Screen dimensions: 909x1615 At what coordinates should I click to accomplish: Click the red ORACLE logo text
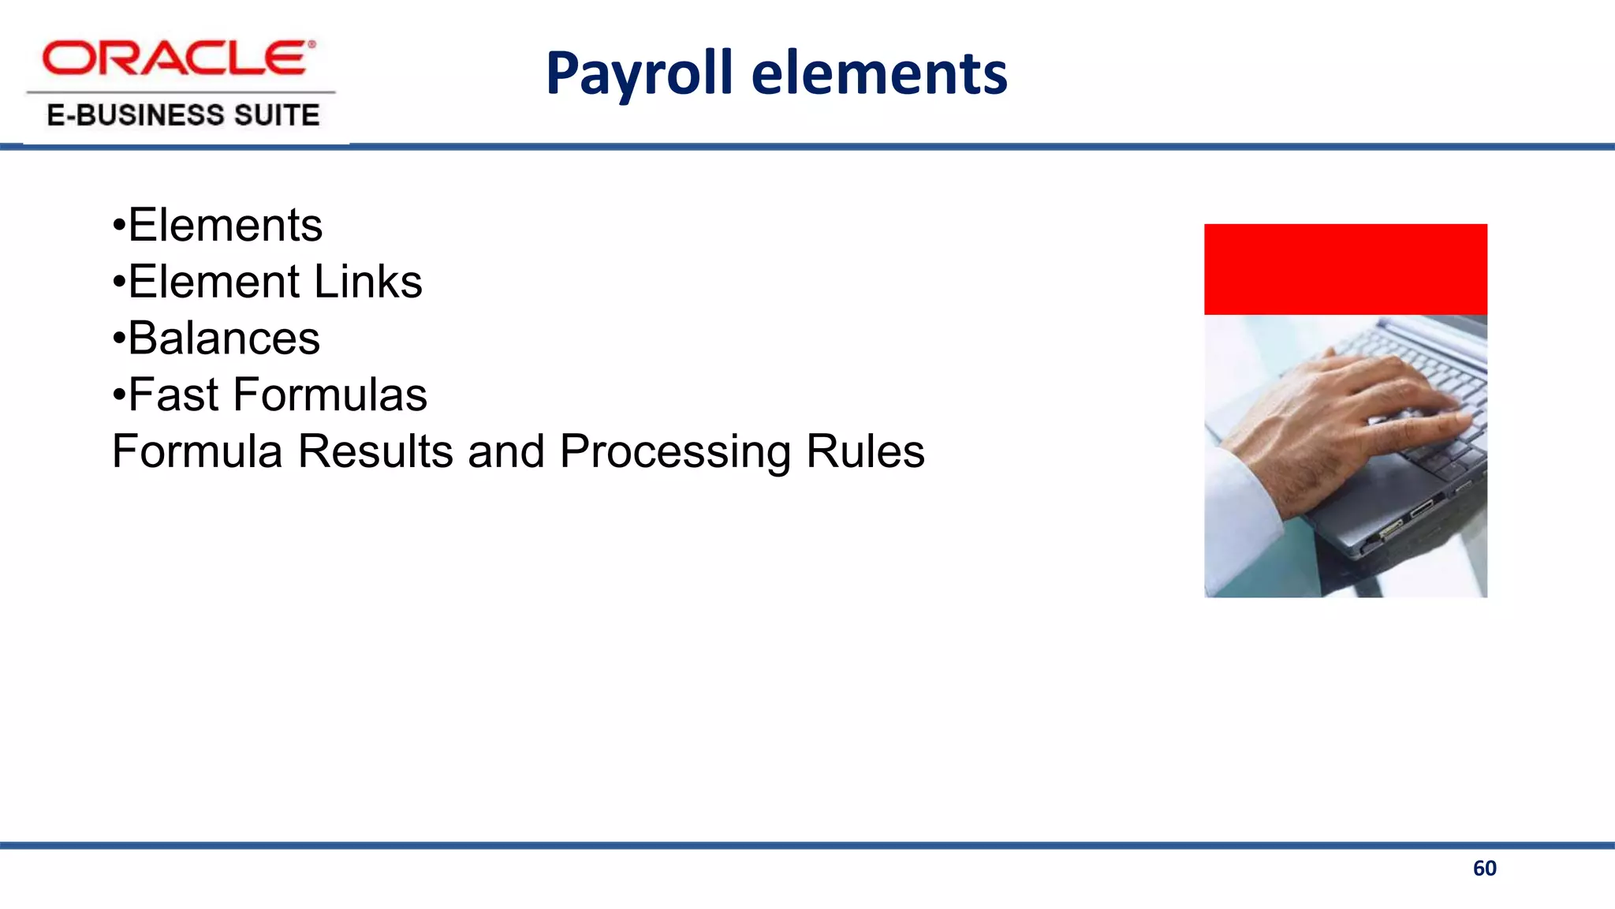tap(175, 59)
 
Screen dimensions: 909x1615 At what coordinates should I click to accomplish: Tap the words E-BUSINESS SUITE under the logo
tap(183, 115)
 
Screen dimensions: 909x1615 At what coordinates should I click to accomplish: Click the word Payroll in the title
tap(639, 73)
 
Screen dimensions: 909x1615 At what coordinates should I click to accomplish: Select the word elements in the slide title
tap(878, 73)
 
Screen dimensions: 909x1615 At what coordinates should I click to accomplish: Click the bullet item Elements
tap(225, 226)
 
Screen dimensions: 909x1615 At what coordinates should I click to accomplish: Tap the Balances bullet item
tap(223, 339)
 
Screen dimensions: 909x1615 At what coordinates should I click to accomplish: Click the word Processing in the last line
tap(675, 451)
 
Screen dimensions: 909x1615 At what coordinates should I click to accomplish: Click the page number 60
tap(1484, 869)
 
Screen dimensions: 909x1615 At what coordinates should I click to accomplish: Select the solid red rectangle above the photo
tap(1345, 269)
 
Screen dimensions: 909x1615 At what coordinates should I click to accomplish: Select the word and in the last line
tap(505, 451)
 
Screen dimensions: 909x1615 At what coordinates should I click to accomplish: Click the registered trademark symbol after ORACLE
tap(311, 45)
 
